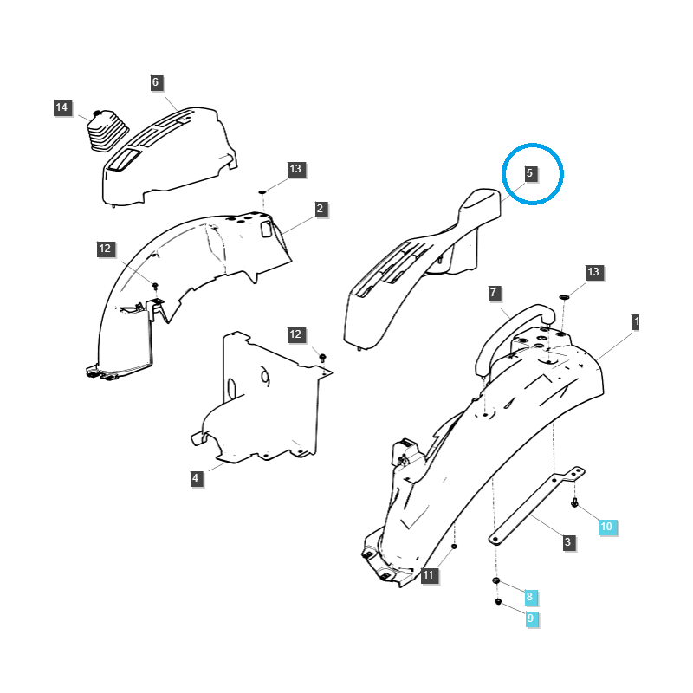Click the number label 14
[x=62, y=108]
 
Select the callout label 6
[x=156, y=82]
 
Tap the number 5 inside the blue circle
[x=530, y=173]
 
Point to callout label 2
[x=320, y=209]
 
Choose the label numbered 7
[x=493, y=293]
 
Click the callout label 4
[x=196, y=477]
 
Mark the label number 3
[x=568, y=542]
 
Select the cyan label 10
[x=606, y=527]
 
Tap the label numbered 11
[x=430, y=575]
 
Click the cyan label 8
[x=530, y=597]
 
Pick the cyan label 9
[x=530, y=619]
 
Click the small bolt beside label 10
[x=575, y=502]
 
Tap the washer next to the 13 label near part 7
[x=564, y=297]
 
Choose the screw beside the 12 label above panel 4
[x=322, y=356]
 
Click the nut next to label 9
[x=498, y=601]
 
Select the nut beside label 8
[x=495, y=580]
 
